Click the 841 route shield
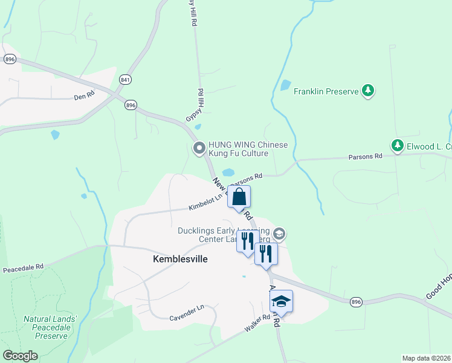(x=126, y=79)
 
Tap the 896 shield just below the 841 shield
(x=131, y=105)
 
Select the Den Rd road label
(x=85, y=96)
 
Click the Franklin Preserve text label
(x=326, y=92)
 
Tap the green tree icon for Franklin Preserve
(x=367, y=91)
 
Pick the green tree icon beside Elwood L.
(x=397, y=146)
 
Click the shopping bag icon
(x=239, y=197)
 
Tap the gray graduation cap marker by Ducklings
(x=279, y=233)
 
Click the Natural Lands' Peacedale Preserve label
(x=51, y=327)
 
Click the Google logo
(x=21, y=356)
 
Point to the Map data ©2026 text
(x=425, y=358)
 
